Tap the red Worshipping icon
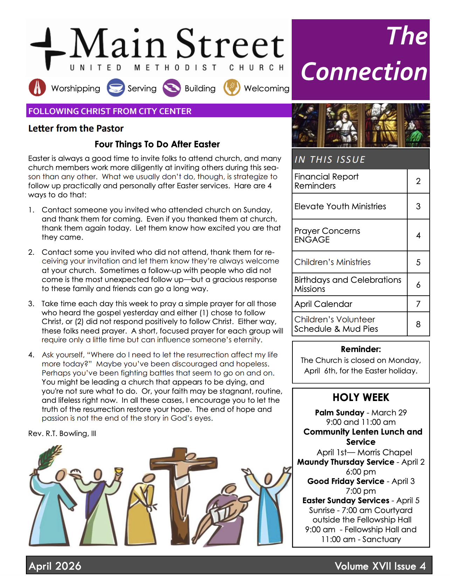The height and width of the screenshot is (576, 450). tap(37, 87)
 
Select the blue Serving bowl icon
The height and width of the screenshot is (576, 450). tap(116, 87)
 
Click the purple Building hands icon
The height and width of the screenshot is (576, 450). tap(172, 88)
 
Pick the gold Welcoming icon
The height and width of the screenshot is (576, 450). tap(232, 87)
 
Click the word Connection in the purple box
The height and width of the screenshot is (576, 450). tap(364, 72)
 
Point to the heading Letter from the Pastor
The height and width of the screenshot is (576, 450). tap(76, 128)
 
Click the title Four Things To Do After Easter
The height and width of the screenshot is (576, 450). tap(157, 144)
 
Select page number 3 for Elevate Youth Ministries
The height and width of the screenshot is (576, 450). tap(418, 206)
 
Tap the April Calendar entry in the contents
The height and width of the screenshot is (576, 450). tap(323, 304)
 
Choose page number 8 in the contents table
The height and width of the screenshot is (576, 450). tap(418, 324)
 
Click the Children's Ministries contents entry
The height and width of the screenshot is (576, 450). tap(332, 262)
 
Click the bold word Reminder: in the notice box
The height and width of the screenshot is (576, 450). tap(361, 349)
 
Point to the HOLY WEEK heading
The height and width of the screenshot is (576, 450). tap(361, 398)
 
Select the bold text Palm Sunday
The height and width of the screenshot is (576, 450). tap(339, 413)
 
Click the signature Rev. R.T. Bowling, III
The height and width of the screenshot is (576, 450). tap(62, 434)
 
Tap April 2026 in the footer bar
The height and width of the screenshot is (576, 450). tap(55, 566)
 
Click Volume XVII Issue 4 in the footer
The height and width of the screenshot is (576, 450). tap(380, 566)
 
